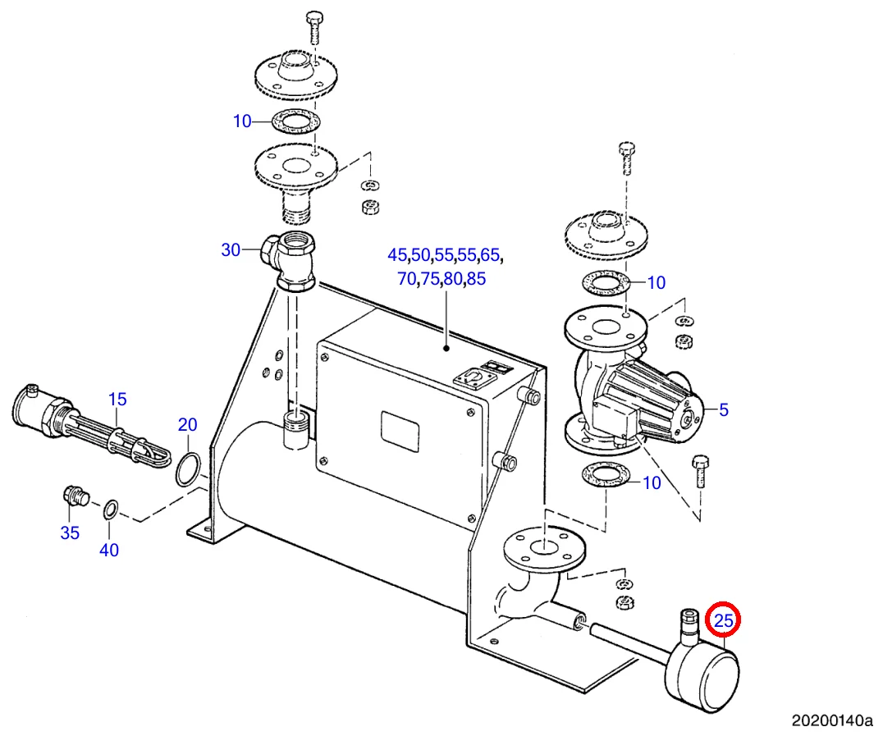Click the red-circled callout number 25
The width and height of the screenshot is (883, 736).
[x=723, y=621]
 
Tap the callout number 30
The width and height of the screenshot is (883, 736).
[x=231, y=250]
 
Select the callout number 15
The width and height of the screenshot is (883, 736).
[x=117, y=400]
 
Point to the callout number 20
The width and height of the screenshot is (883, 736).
[x=188, y=425]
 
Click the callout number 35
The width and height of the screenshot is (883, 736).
[x=70, y=533]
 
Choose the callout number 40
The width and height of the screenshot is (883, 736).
[x=109, y=551]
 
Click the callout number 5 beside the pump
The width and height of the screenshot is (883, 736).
[x=723, y=409]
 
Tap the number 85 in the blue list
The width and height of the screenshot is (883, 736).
[x=476, y=279]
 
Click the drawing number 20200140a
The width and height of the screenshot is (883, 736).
[x=831, y=721]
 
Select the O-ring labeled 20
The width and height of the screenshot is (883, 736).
[x=188, y=468]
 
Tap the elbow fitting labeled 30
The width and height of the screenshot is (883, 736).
[x=291, y=262]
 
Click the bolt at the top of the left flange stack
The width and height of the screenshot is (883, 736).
[x=313, y=26]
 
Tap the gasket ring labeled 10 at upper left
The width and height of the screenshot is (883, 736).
[x=286, y=121]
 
